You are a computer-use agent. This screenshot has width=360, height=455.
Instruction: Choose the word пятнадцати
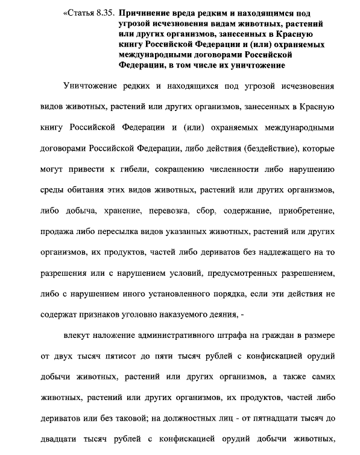tap(264, 418)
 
